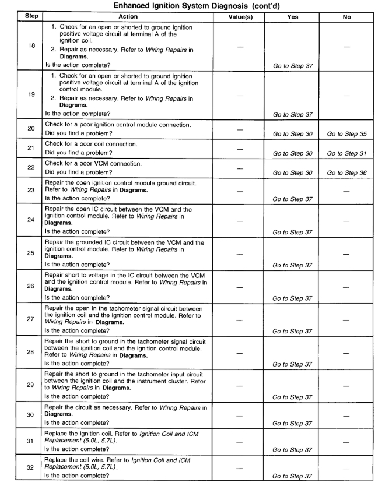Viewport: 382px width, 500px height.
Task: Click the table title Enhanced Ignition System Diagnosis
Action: click(x=191, y=6)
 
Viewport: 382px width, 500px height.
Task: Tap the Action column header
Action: click(x=128, y=17)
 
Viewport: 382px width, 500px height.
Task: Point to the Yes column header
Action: click(x=293, y=17)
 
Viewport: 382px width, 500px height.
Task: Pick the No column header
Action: click(x=347, y=17)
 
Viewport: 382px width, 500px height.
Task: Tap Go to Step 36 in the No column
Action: click(x=347, y=172)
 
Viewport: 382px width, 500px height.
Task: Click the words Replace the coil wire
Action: click(x=76, y=459)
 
